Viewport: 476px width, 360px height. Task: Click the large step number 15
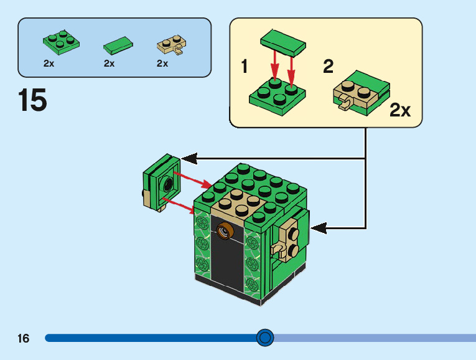pyautogui.click(x=32, y=100)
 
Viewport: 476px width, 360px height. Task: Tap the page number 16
pyautogui.click(x=24, y=338)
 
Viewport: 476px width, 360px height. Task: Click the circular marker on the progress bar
pyautogui.click(x=265, y=338)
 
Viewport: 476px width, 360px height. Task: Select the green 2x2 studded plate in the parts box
pyautogui.click(x=62, y=42)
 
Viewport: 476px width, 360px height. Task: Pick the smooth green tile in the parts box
pyautogui.click(x=118, y=45)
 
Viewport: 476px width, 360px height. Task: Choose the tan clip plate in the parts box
pyautogui.click(x=172, y=45)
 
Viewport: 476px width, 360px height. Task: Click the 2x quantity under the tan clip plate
pyautogui.click(x=162, y=63)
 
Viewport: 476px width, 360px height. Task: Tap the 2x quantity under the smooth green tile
pyautogui.click(x=110, y=63)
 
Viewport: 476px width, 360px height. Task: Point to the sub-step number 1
pyautogui.click(x=245, y=66)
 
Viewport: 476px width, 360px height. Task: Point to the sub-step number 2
pyautogui.click(x=328, y=66)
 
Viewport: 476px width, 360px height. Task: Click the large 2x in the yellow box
pyautogui.click(x=400, y=110)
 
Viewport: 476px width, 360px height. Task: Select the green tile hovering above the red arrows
pyautogui.click(x=283, y=43)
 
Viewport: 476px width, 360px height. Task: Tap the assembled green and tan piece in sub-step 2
pyautogui.click(x=362, y=93)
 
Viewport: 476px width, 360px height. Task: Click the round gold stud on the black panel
pyautogui.click(x=225, y=231)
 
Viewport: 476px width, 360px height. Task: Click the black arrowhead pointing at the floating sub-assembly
pyautogui.click(x=189, y=158)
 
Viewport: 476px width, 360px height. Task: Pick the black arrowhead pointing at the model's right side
pyautogui.click(x=319, y=228)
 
